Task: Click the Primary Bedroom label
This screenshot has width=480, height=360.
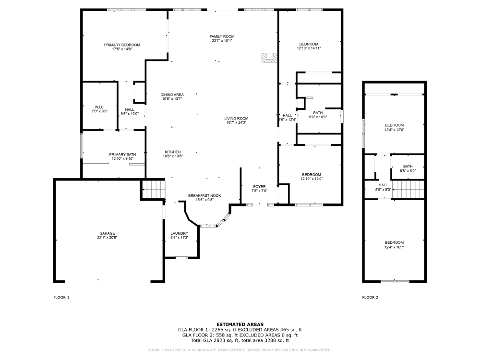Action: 122,45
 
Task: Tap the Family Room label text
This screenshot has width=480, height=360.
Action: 222,36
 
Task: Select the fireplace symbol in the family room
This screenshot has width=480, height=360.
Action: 269,58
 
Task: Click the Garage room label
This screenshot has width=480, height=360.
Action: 107,233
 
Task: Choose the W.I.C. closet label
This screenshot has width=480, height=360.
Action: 99,107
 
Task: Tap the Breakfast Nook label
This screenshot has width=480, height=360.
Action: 204,196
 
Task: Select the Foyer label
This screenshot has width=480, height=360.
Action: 259,186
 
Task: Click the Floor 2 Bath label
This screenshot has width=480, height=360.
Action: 408,166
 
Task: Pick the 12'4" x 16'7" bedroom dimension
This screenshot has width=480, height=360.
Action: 394,247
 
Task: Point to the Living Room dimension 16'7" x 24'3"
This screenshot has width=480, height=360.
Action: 236,122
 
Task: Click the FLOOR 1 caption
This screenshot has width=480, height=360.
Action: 61,298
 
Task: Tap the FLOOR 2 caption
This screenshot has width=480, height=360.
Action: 370,298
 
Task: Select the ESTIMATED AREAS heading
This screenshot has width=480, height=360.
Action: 240,324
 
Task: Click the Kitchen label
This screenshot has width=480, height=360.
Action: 172,152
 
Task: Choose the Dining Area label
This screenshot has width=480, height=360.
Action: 172,95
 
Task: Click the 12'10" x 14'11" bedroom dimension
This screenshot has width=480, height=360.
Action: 309,48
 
